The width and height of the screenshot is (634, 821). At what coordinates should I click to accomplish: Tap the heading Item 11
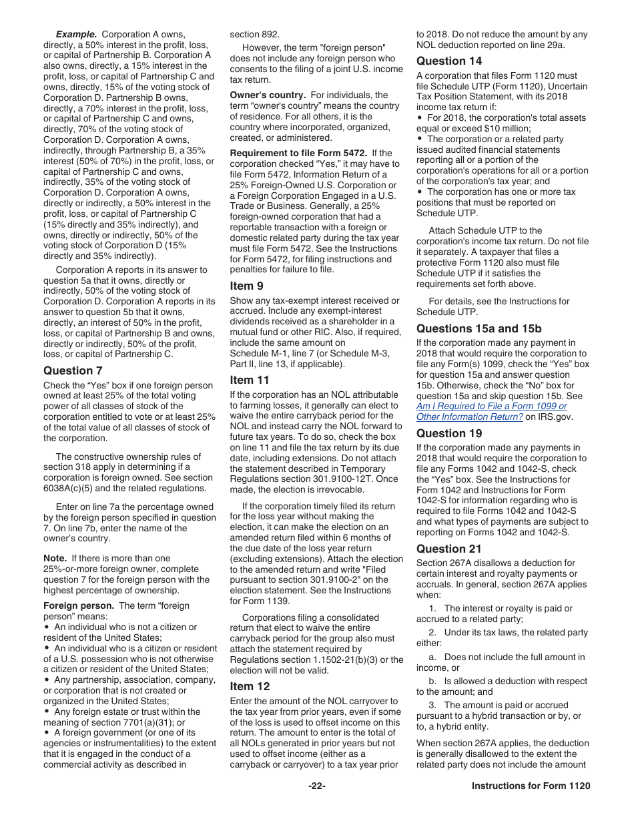tap(250, 380)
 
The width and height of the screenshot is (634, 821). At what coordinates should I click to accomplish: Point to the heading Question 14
tap(449, 61)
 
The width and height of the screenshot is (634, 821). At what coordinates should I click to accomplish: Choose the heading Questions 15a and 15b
tap(479, 328)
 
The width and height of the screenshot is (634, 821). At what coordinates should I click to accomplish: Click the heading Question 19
tap(449, 433)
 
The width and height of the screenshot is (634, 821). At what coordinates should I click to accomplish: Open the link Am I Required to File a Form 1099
tap(491, 406)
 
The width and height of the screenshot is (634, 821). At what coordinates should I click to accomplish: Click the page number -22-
tap(316, 786)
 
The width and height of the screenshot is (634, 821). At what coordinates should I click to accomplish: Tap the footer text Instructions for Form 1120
tap(531, 786)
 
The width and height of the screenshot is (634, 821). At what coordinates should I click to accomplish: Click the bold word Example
tap(76, 34)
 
